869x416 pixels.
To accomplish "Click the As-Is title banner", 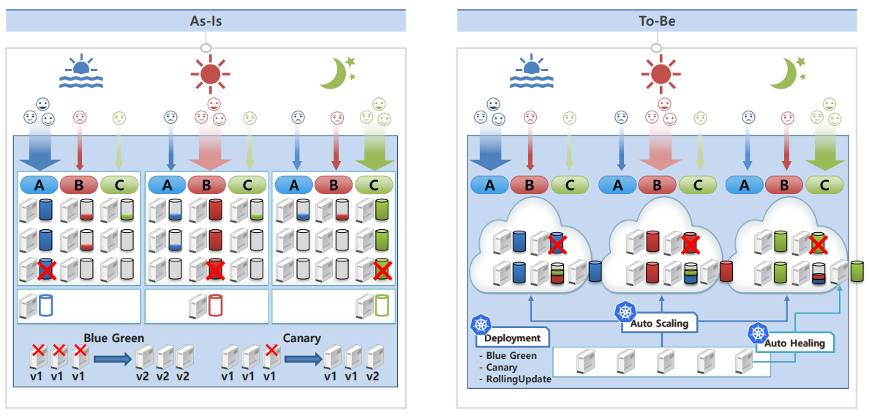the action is [x=206, y=21].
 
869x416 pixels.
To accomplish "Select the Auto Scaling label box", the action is [x=659, y=324].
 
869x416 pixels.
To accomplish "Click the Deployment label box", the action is [x=512, y=338].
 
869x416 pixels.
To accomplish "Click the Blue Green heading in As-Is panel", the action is [x=113, y=337].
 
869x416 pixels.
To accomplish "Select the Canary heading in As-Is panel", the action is [x=300, y=337].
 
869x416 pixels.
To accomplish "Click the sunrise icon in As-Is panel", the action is [x=81, y=72].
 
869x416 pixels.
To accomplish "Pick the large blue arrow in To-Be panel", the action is [x=490, y=149].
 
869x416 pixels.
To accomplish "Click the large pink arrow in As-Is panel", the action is [x=210, y=149].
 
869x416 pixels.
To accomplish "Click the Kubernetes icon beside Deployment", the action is [x=479, y=326].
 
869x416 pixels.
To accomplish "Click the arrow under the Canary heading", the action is [x=303, y=360].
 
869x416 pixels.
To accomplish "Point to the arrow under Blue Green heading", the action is [x=113, y=360].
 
